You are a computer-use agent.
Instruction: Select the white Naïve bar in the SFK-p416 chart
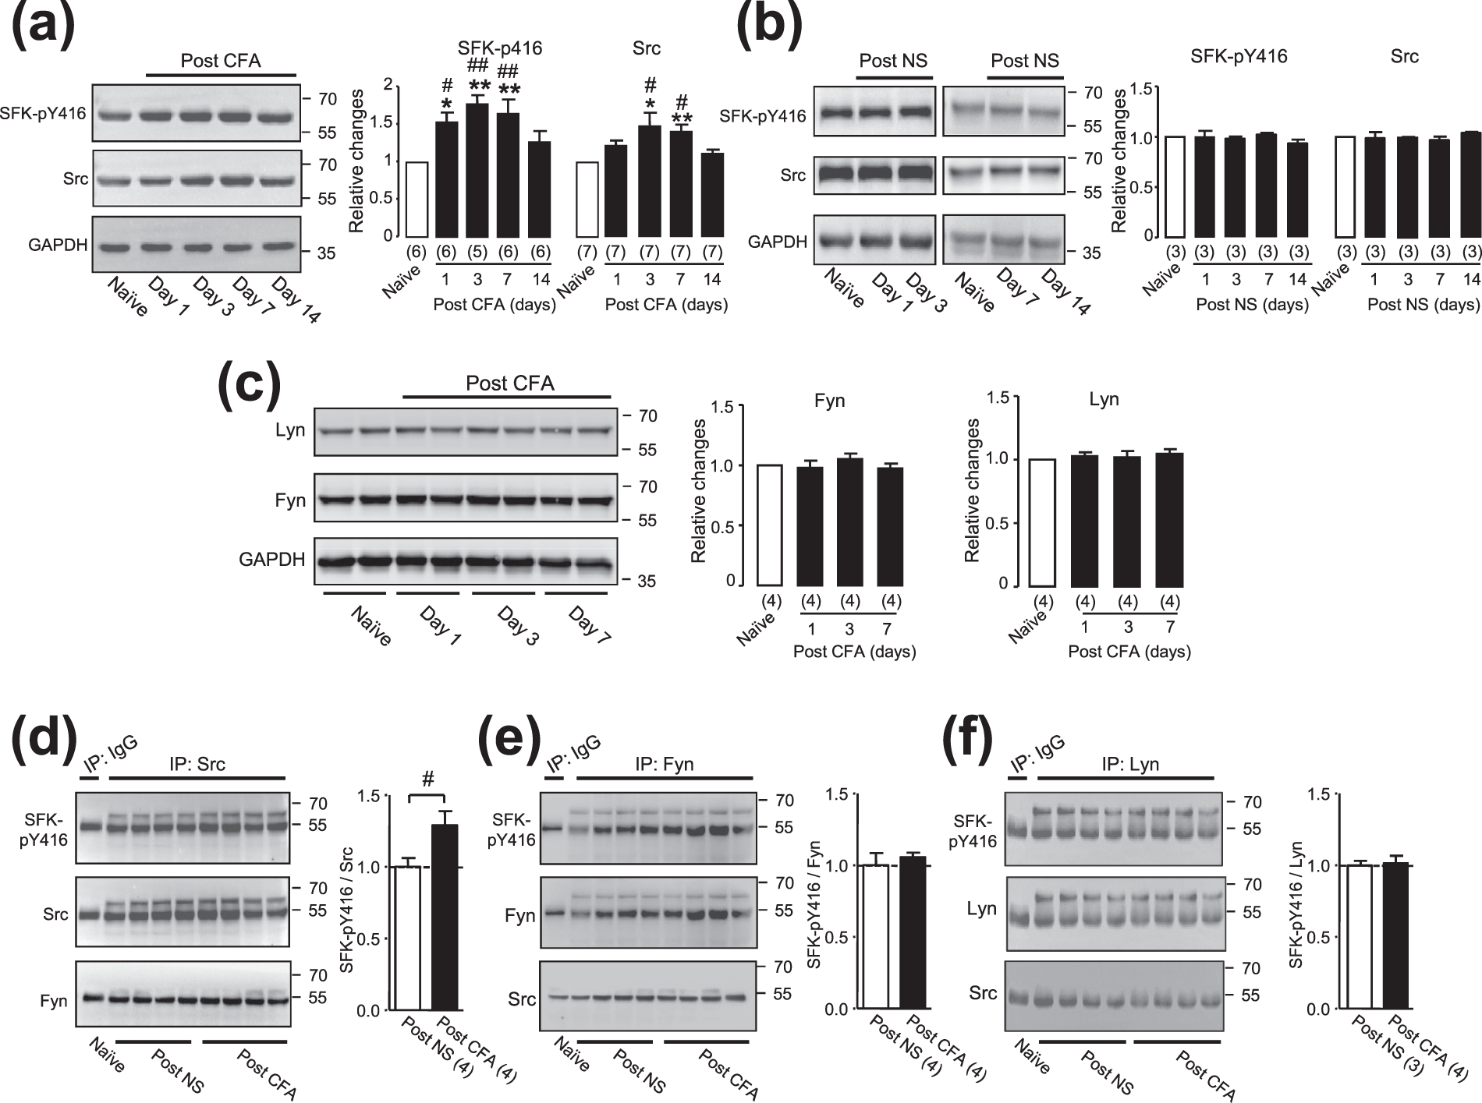[417, 199]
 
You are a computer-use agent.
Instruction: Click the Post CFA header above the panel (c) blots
[509, 384]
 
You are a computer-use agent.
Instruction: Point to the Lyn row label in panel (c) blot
[290, 431]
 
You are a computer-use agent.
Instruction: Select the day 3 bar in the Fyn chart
[849, 521]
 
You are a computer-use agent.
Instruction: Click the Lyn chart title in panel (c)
[1104, 401]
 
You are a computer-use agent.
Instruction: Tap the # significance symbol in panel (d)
[427, 779]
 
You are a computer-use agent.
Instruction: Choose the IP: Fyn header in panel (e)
[662, 765]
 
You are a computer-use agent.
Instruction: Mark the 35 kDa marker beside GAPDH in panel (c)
[647, 581]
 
